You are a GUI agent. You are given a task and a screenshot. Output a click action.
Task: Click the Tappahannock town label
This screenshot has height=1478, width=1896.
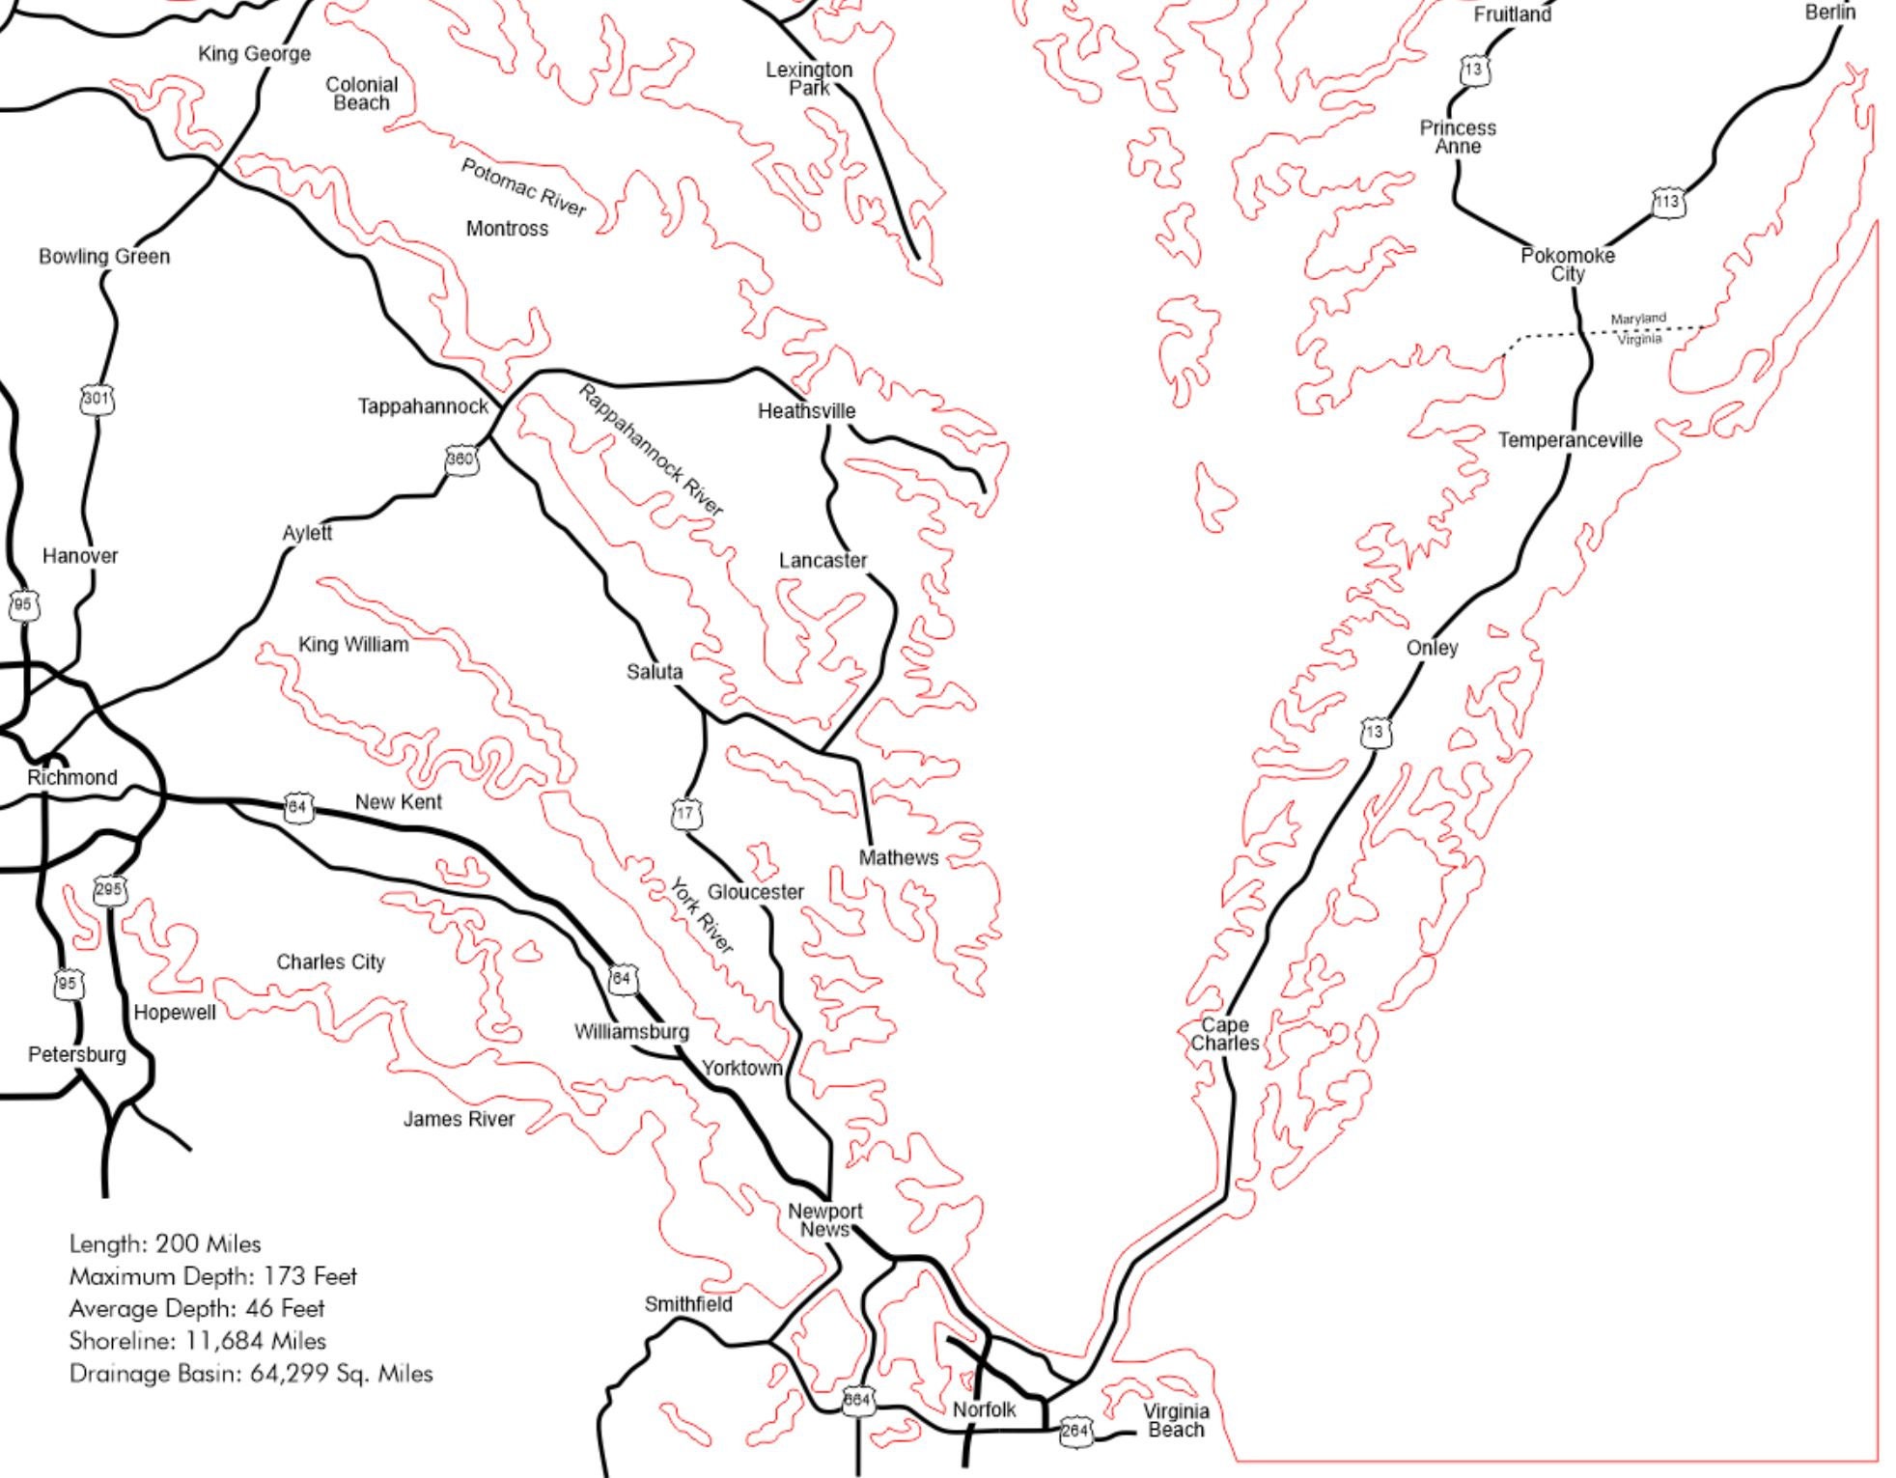(x=423, y=406)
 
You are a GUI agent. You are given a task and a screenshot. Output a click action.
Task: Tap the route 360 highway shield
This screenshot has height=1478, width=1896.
(x=460, y=460)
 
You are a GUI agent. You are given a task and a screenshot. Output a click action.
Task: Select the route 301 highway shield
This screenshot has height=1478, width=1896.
(x=97, y=399)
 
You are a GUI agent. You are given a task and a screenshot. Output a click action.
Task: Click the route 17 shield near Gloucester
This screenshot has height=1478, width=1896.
(x=685, y=814)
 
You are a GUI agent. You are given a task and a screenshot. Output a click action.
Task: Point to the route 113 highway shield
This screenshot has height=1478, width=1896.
(x=1668, y=203)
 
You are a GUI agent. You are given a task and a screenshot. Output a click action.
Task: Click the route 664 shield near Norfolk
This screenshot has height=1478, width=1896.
(x=858, y=1401)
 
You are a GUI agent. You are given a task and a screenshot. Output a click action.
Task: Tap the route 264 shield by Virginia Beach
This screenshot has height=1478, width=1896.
(x=1075, y=1431)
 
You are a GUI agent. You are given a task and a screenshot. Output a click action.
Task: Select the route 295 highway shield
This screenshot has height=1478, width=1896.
(x=108, y=889)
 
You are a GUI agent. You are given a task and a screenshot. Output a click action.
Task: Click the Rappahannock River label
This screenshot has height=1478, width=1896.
(x=651, y=450)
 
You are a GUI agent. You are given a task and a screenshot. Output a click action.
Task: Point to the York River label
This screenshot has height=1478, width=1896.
(x=702, y=915)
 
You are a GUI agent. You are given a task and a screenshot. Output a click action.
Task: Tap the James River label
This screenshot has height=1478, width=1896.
(x=459, y=1119)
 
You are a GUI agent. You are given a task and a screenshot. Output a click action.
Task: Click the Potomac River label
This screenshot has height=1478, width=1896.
(x=523, y=187)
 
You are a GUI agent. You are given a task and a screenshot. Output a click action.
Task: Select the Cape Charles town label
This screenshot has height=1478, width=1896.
(x=1224, y=1034)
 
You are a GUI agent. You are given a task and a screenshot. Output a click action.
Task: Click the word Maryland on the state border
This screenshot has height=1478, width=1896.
(x=1638, y=319)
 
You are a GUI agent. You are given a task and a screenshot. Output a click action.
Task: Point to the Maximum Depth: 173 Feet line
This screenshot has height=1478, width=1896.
(x=212, y=1276)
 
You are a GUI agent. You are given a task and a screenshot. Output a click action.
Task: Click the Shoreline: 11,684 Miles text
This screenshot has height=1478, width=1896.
(x=197, y=1341)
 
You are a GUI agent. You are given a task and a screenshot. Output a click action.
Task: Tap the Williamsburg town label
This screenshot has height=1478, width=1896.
(x=631, y=1032)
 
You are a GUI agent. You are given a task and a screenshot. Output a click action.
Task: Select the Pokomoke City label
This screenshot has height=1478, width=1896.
(x=1567, y=265)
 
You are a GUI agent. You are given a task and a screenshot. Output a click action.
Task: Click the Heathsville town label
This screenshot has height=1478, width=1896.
(x=806, y=411)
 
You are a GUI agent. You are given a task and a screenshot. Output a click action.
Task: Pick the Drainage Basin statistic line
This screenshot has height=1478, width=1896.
(x=251, y=1374)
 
